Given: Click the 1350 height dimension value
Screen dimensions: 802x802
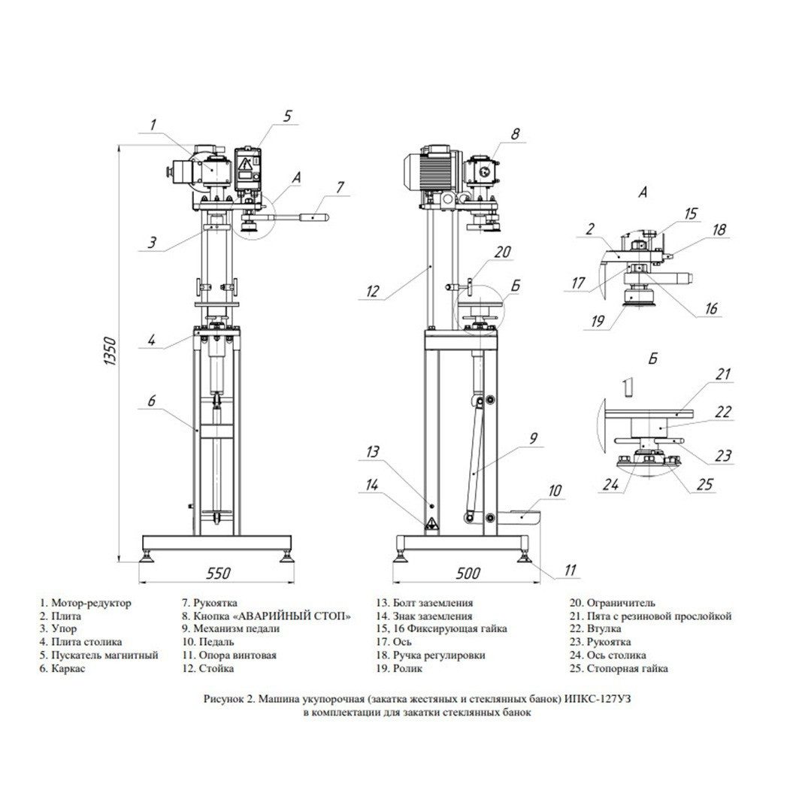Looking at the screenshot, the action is [110, 350].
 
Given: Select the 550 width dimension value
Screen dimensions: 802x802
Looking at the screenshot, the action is [219, 574].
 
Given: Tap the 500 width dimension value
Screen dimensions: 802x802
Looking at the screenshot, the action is [468, 574].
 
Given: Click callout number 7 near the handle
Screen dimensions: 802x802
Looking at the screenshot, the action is [340, 187].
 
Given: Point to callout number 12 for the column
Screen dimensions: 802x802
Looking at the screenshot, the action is [373, 292].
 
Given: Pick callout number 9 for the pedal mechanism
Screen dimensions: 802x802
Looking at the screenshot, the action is [533, 438].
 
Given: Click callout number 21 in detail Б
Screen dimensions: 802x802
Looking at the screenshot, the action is [722, 374].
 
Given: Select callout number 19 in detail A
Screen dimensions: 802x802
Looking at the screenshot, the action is [598, 321].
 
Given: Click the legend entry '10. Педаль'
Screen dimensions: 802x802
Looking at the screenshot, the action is [208, 642].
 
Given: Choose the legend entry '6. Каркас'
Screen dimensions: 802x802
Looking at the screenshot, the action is [62, 668].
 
